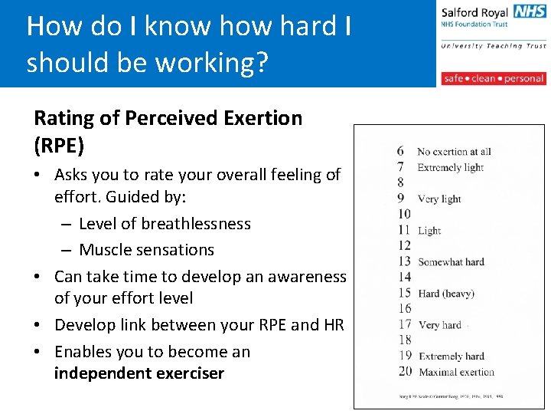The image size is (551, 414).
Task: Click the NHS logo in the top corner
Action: (530, 11)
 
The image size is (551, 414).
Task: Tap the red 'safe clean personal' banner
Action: (493, 78)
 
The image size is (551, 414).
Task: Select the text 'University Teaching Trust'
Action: (493, 46)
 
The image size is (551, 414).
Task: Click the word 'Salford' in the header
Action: (460, 12)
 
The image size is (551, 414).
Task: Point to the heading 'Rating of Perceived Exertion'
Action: (168, 118)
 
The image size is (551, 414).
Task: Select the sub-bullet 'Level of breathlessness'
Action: (165, 224)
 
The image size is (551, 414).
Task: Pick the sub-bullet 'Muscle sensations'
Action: (146, 250)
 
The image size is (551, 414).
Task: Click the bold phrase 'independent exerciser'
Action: (139, 373)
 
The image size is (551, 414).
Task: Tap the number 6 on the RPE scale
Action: (400, 151)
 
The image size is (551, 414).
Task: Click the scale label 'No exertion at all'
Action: (454, 152)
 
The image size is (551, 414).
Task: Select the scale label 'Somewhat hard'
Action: (451, 262)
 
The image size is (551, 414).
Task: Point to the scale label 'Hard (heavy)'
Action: (446, 294)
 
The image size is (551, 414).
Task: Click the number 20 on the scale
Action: (404, 372)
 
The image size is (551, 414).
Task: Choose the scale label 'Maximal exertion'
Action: (456, 373)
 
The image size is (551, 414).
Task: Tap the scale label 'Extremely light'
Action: (450, 168)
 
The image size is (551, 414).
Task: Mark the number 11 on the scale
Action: (404, 230)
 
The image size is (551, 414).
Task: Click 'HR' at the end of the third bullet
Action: (334, 325)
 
